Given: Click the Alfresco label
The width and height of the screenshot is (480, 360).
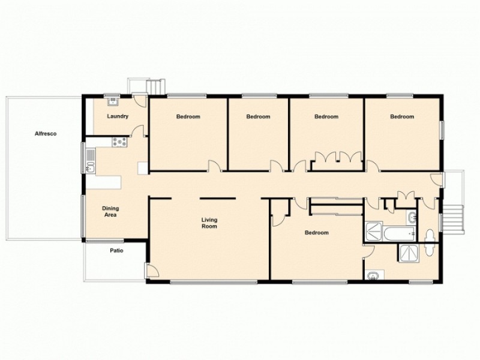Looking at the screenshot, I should pos(46,134).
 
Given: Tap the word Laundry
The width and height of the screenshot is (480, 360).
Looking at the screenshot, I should pos(118,116).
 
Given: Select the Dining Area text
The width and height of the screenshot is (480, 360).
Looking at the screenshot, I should pos(109,211).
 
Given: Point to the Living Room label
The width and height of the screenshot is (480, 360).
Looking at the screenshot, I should pos(209,223).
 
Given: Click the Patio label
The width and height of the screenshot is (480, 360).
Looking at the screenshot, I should pos(116,251).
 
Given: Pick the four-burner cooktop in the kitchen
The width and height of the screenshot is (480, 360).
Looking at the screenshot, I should pos(119,142).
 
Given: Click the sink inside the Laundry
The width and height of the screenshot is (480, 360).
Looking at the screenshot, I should pos(112,101).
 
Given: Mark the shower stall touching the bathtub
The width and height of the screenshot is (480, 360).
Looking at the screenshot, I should pos(373,230).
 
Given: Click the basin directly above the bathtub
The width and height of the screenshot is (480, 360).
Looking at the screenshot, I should pos(411,217).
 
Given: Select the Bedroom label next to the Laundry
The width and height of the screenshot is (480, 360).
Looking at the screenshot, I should pos(188,116).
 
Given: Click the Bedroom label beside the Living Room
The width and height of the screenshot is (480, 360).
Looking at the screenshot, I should pos(316,233).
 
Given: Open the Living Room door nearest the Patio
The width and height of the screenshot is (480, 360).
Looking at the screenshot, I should pos(151,270).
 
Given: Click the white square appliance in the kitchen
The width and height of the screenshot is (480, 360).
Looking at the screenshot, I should pos(142,168).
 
